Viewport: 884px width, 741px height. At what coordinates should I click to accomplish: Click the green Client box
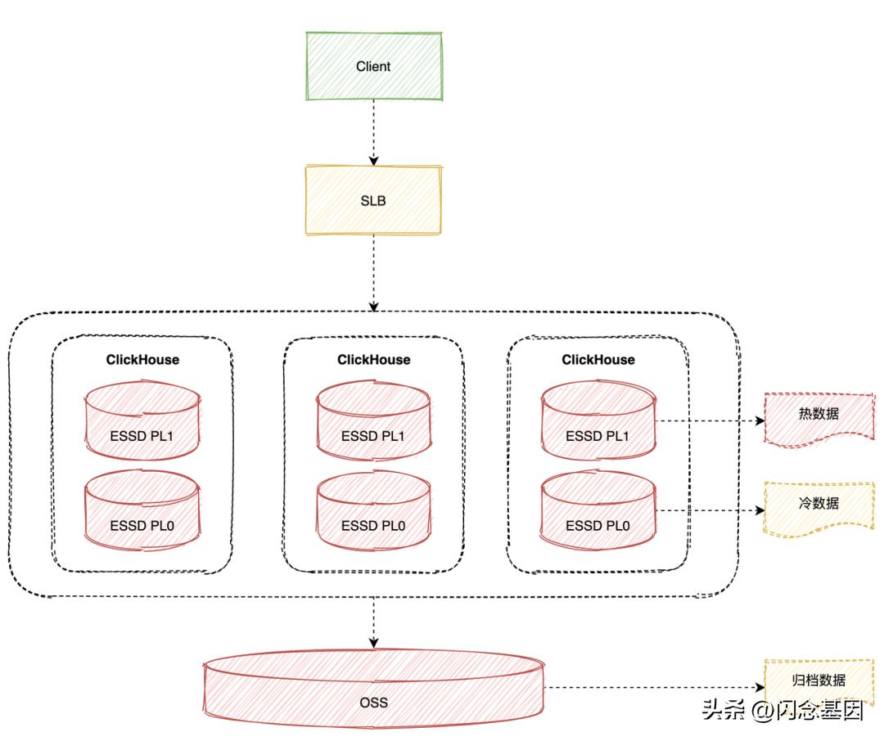tap(374, 66)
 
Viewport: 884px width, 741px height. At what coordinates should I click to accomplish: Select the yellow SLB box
tap(373, 200)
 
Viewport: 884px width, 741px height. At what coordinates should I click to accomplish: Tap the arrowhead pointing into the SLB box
tap(373, 160)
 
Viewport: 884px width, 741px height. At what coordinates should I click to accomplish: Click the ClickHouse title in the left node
tap(142, 360)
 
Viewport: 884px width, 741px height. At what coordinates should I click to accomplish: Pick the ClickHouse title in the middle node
tap(374, 360)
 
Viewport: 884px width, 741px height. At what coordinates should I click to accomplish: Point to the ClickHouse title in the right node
tap(598, 360)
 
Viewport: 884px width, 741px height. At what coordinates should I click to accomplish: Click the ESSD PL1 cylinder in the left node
tap(142, 421)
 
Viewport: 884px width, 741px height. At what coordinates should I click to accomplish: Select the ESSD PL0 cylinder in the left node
tap(142, 510)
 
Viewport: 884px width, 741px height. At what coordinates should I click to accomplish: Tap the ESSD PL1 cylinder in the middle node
tap(374, 421)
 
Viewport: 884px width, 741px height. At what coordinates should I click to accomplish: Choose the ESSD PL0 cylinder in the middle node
tap(374, 510)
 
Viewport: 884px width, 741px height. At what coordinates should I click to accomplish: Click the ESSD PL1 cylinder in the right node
tap(598, 421)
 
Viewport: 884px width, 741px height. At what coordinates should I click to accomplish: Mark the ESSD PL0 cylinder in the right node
tap(598, 510)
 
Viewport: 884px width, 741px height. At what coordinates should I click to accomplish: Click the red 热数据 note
tap(819, 420)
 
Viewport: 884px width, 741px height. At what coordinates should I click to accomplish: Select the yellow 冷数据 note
tap(819, 509)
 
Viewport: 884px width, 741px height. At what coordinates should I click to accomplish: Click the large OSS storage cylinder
tap(374, 689)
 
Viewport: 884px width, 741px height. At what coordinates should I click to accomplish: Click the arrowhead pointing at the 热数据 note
tap(760, 420)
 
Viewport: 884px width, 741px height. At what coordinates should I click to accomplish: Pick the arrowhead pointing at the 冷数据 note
tap(760, 510)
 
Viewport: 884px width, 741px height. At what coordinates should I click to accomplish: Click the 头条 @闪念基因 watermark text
tap(783, 710)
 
